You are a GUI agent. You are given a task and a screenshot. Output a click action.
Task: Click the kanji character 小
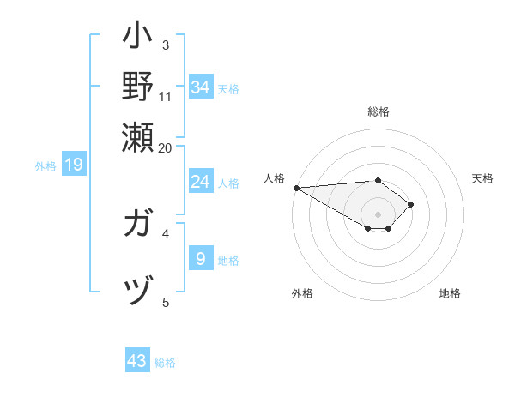pos(137,39)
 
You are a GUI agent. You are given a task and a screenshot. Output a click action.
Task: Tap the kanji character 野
pos(137,87)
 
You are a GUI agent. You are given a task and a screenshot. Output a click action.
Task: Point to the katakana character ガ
pos(137,226)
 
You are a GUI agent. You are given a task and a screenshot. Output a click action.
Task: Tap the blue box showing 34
pos(200,87)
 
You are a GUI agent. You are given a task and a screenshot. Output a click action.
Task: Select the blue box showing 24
pos(200,182)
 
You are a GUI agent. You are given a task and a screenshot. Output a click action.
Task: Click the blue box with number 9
pos(200,258)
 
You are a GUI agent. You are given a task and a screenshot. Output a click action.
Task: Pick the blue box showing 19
pos(74,165)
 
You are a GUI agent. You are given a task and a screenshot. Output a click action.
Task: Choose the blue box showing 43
pos(137,361)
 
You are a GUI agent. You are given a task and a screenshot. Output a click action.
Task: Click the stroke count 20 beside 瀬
pos(165,148)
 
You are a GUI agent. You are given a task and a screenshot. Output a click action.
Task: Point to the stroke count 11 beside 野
pos(166,96)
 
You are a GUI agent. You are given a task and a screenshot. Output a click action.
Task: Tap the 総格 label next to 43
pos(166,363)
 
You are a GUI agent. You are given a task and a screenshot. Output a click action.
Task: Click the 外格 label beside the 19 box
pos(45,166)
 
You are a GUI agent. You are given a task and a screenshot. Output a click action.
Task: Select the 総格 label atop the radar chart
pos(379,111)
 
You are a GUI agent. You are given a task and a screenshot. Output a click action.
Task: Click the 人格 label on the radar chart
pos(275,178)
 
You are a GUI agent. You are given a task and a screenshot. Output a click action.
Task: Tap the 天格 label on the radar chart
pos(482,178)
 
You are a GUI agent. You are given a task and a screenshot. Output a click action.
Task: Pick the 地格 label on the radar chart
pos(450,293)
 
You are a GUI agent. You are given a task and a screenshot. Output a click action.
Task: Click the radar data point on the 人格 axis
pos(296,188)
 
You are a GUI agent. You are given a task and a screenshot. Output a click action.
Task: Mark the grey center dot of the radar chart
pos(379,214)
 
